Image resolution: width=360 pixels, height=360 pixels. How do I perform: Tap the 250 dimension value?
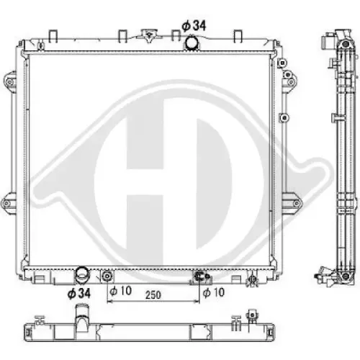pyautogui.click(x=153, y=293)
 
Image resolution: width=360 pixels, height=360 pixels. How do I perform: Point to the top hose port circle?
pyautogui.click(x=191, y=43)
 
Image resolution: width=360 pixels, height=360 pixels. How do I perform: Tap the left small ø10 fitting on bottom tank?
pyautogui.click(x=107, y=276)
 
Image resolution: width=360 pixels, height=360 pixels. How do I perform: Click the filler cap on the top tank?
pyautogui.click(x=149, y=35)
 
